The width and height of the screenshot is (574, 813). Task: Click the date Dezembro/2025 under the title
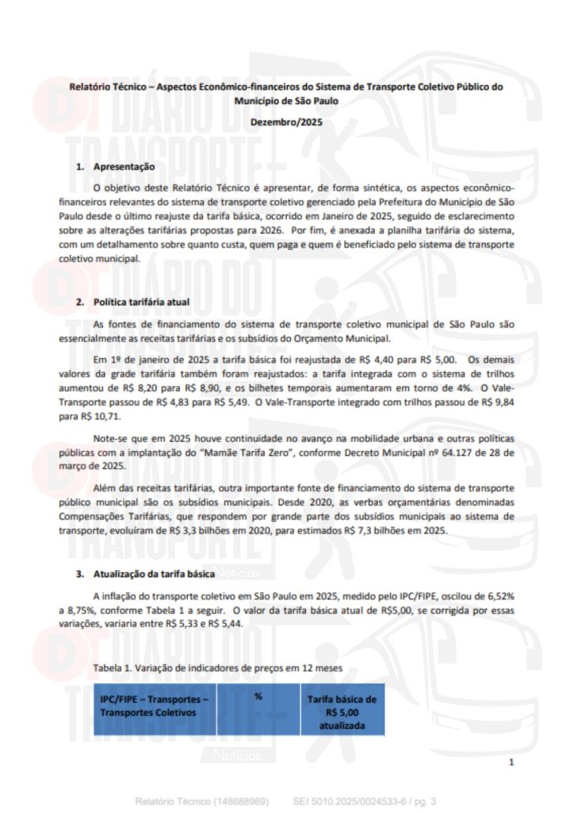286,122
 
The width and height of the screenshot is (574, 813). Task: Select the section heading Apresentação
124,168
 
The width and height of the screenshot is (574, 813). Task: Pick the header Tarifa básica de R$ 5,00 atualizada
342,712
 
